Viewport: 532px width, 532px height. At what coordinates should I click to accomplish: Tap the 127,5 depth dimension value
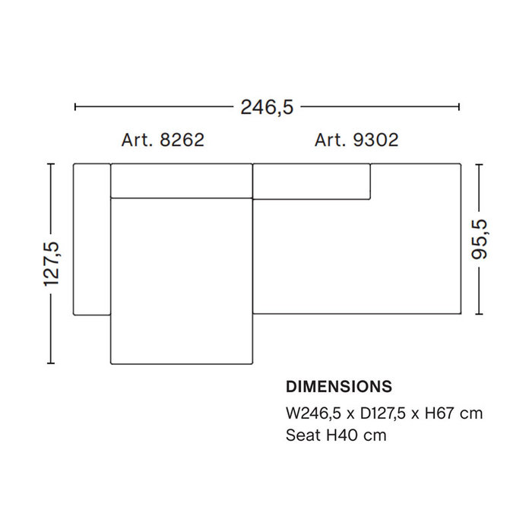point(52,264)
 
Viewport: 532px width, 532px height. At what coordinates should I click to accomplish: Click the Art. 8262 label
point(163,141)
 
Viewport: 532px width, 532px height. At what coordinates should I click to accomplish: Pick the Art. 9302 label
point(356,141)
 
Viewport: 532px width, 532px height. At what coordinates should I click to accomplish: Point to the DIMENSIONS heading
point(339,386)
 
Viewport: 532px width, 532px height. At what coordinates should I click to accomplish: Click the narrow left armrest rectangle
point(92,238)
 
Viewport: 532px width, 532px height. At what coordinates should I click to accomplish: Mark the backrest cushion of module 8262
point(181,180)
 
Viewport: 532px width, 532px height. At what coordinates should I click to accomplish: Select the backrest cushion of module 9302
point(312,181)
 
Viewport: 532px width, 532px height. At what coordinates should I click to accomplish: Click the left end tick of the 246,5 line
point(75,107)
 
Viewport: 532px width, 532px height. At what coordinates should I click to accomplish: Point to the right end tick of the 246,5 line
point(459,107)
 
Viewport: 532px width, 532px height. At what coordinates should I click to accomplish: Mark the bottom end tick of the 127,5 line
point(52,363)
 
